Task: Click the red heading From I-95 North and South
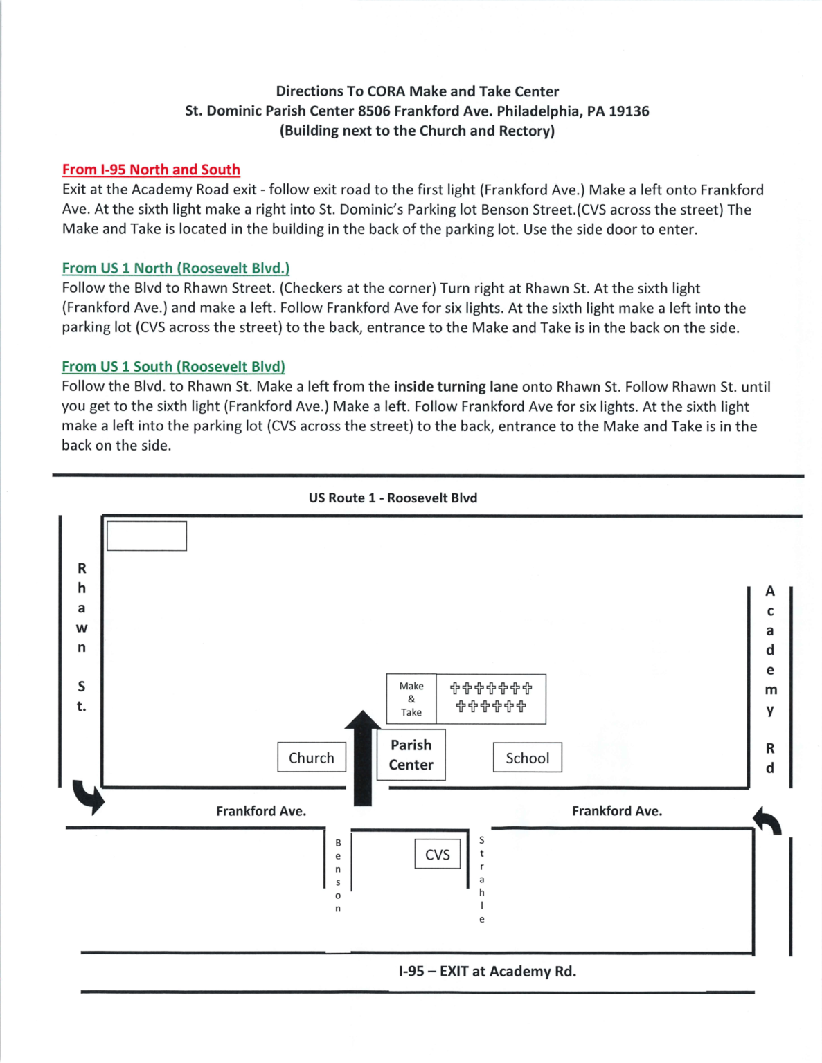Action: [151, 170]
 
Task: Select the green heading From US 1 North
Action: [175, 268]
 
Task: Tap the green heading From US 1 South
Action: [173, 366]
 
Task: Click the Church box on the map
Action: [312, 758]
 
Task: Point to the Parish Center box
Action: [411, 755]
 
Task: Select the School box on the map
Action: [527, 758]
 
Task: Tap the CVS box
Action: [437, 855]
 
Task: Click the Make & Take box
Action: [411, 699]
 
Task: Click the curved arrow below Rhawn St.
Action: [89, 796]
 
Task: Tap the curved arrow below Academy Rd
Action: [767, 821]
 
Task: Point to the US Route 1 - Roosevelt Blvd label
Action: [393, 498]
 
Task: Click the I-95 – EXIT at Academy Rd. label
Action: [487, 971]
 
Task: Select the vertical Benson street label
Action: [338, 875]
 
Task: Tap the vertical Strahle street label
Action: [482, 880]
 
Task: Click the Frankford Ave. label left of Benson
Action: [260, 810]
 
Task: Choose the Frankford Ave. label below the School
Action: [616, 810]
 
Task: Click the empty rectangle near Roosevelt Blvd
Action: [147, 536]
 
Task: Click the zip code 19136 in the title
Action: [629, 111]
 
